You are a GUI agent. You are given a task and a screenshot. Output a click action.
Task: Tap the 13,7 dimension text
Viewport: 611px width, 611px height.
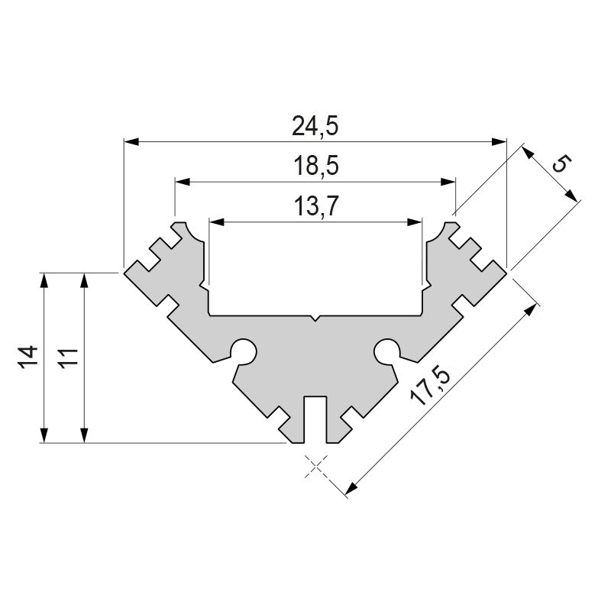click(315, 206)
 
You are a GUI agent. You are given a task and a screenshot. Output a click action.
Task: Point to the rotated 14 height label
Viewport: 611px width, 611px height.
click(28, 357)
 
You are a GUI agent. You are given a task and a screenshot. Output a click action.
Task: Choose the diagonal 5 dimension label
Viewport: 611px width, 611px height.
click(560, 163)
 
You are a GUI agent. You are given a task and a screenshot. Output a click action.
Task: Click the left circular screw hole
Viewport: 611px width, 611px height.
click(244, 351)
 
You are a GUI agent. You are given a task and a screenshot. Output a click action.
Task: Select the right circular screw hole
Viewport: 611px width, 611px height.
click(387, 351)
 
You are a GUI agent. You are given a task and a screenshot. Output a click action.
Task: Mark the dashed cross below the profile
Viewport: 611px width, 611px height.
click(315, 465)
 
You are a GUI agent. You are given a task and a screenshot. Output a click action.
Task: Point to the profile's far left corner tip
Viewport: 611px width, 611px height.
click(125, 270)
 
